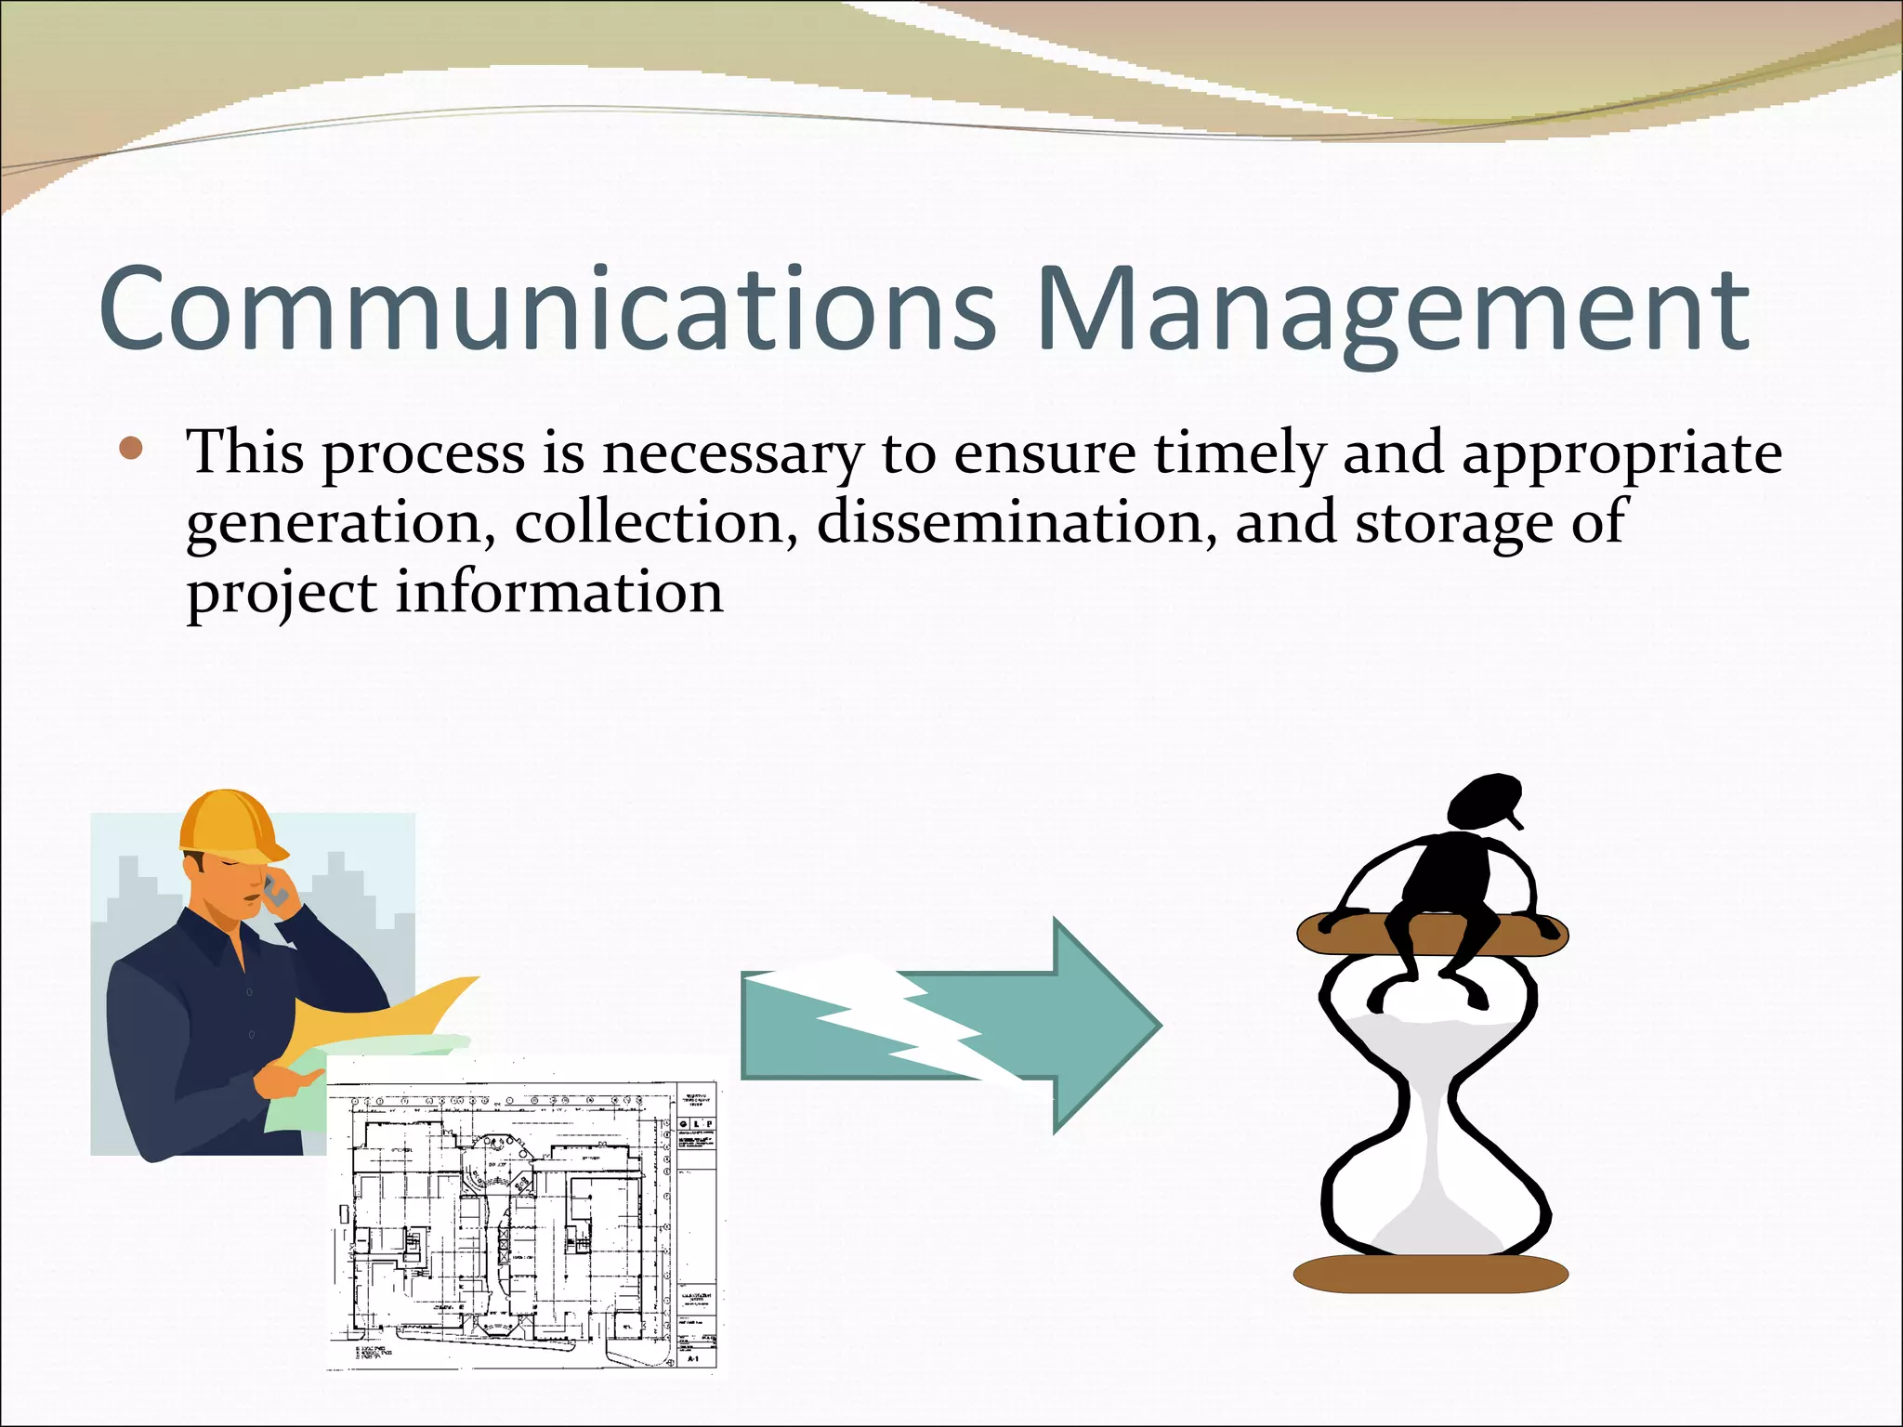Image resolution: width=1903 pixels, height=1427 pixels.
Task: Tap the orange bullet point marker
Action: pos(131,450)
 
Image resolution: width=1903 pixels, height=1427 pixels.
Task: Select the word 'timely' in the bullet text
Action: pos(1240,455)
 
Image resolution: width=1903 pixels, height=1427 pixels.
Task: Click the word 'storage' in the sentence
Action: pos(1454,524)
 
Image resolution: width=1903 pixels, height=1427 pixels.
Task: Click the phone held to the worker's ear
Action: pos(276,892)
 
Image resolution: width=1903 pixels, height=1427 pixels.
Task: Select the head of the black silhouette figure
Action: pos(1484,804)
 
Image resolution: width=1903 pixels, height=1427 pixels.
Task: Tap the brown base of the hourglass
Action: pos(1430,1273)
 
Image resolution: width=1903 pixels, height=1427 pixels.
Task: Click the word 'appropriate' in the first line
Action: pos(1621,455)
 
